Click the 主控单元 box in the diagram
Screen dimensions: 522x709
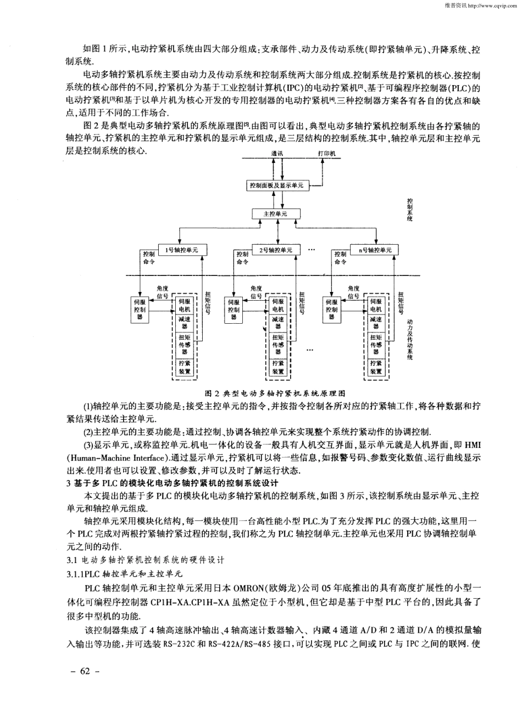(275, 213)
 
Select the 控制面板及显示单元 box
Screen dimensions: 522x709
(275, 185)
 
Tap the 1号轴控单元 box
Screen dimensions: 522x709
(179, 250)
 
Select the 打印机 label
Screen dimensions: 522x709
(326, 154)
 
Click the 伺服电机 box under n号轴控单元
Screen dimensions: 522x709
(375, 306)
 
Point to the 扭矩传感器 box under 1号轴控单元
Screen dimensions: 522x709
(185, 344)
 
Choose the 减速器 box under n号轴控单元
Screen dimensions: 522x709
(375, 323)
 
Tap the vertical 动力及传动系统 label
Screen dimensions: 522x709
(410, 340)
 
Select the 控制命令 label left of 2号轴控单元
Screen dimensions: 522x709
(242, 258)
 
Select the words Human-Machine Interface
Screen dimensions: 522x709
(118, 457)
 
